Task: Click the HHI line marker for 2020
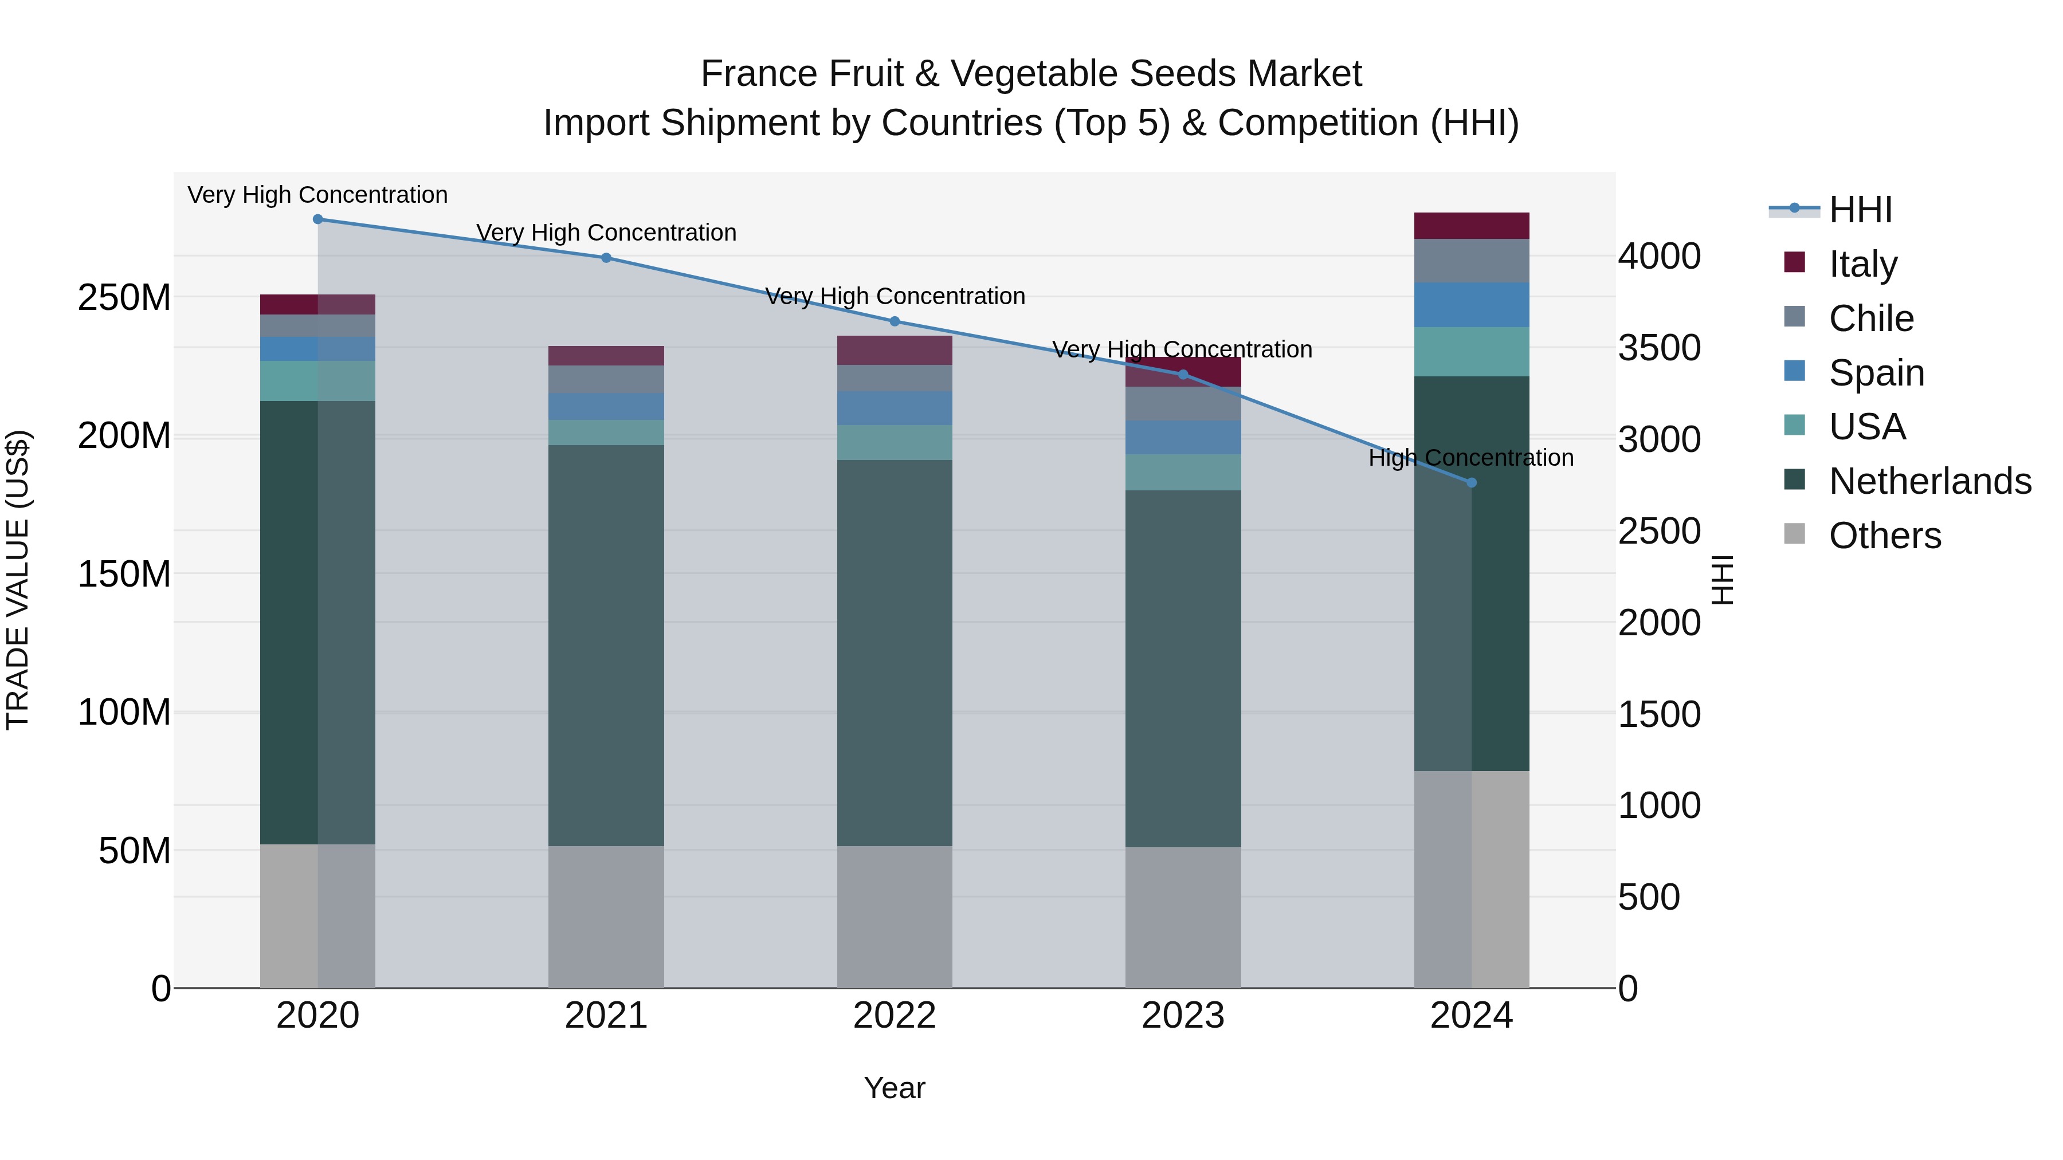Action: click(318, 219)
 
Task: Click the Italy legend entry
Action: click(1863, 264)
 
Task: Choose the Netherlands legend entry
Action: click(1929, 481)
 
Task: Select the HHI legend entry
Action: click(1860, 210)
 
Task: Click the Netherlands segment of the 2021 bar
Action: click(606, 644)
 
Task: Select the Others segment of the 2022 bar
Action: click(895, 917)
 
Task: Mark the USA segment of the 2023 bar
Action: click(1183, 473)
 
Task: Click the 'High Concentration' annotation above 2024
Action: click(1471, 458)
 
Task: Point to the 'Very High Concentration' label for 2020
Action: click(318, 195)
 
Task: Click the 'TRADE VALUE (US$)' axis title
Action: click(18, 580)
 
